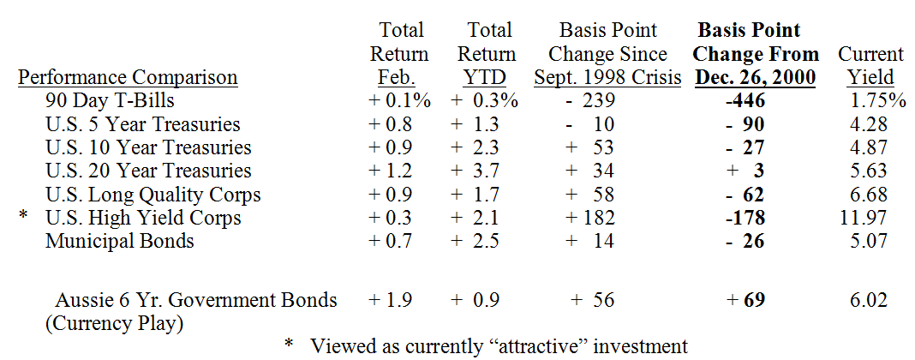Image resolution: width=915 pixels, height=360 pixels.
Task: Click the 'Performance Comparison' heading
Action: point(128,78)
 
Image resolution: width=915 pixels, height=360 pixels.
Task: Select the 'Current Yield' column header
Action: point(870,66)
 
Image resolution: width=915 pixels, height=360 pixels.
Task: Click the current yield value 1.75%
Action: point(878,101)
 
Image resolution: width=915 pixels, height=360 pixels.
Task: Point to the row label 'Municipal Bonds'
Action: point(120,241)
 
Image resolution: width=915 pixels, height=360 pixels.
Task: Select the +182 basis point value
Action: point(591,218)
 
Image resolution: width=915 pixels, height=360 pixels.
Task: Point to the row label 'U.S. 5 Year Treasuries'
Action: point(142,124)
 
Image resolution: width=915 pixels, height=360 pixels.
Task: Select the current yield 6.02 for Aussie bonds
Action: point(868,300)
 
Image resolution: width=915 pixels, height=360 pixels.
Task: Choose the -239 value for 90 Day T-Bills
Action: point(591,101)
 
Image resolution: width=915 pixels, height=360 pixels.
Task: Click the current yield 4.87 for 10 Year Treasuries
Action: point(868,147)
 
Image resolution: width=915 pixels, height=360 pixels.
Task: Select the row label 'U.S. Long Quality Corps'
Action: point(152,195)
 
